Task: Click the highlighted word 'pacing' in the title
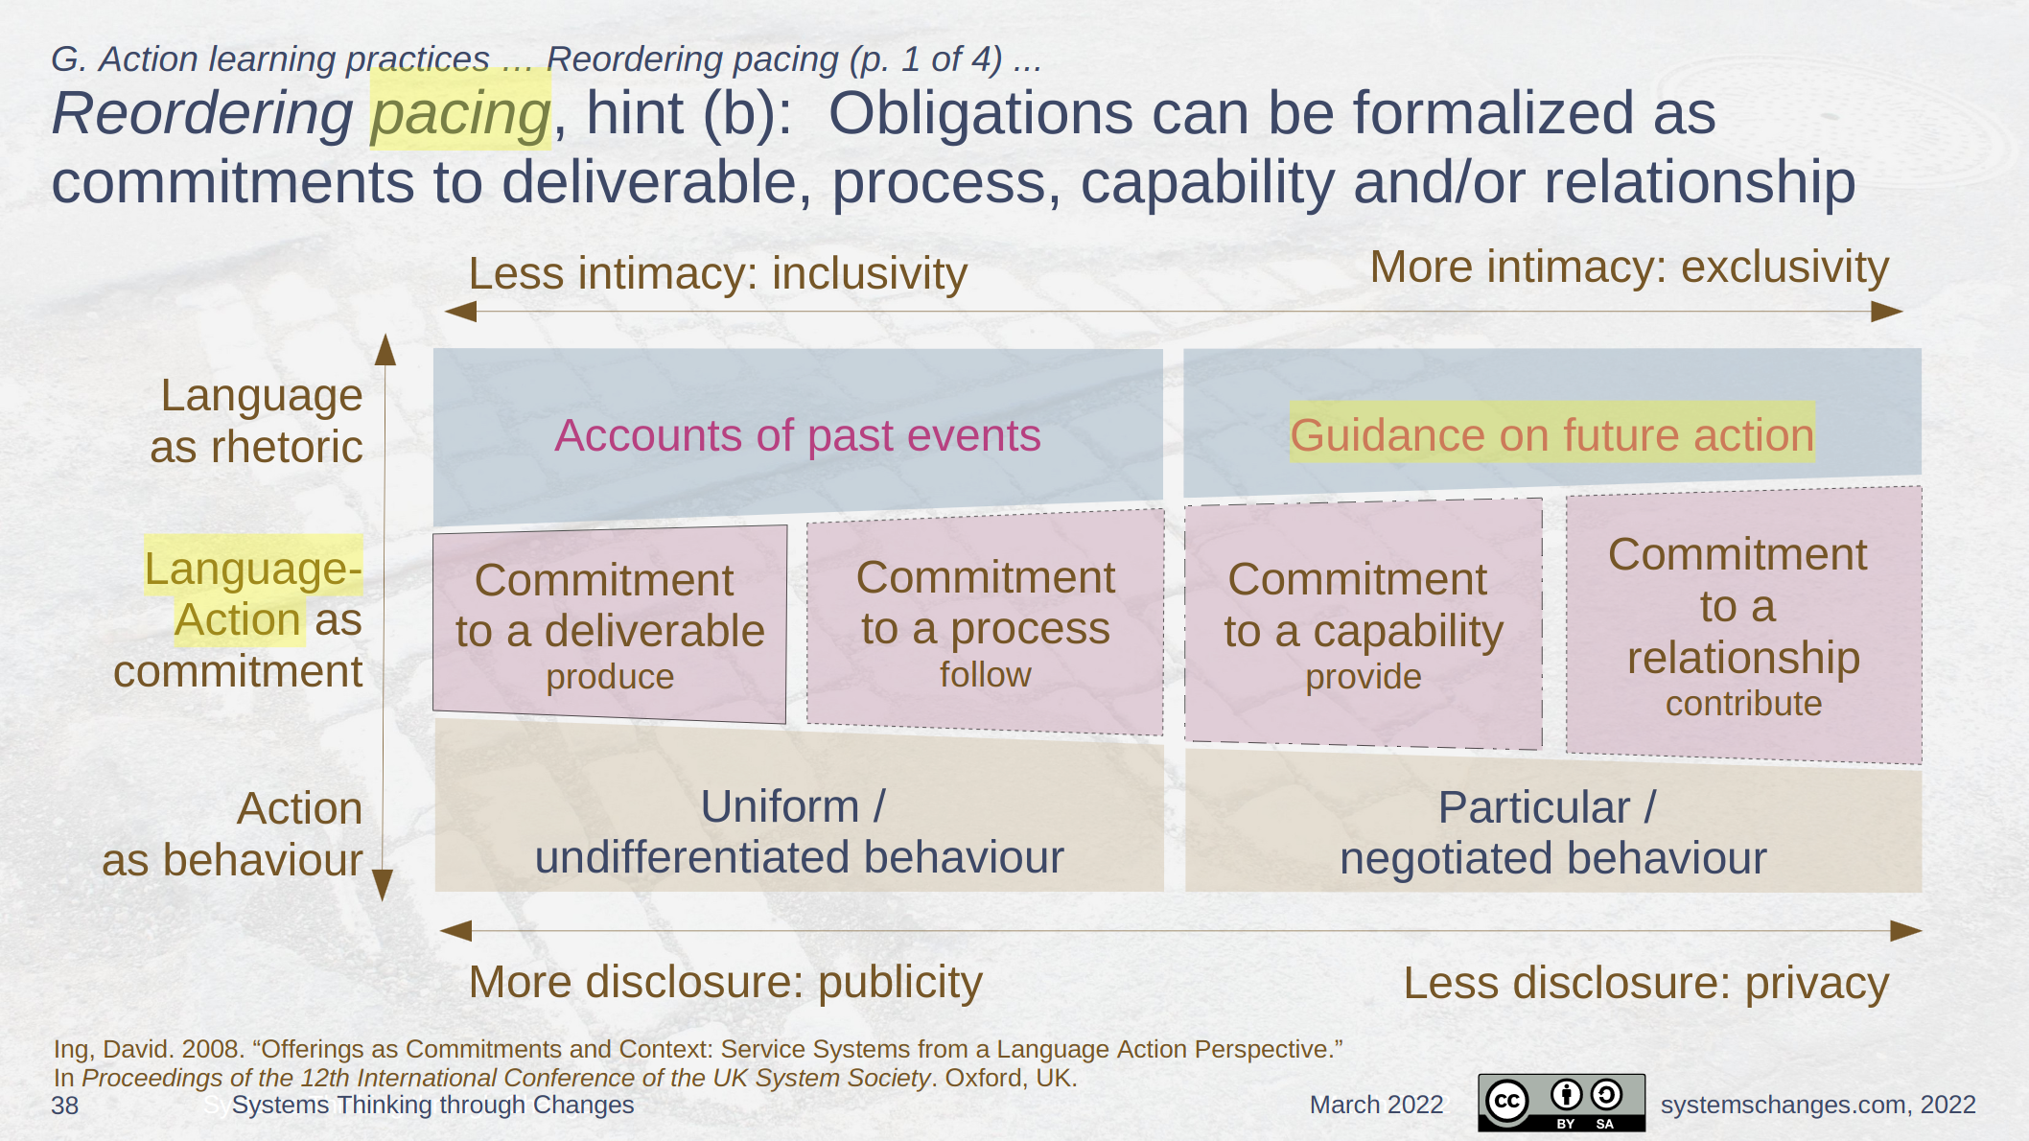pyautogui.click(x=460, y=113)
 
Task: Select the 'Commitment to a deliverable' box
pyautogui.click(x=610, y=624)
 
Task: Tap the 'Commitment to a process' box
pyautogui.click(x=985, y=622)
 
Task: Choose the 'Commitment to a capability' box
pyautogui.click(x=1364, y=624)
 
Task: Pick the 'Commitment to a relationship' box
pyautogui.click(x=1743, y=625)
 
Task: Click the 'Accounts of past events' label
pyautogui.click(x=798, y=435)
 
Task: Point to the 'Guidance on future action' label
pyautogui.click(x=1552, y=435)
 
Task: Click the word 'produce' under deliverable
pyautogui.click(x=610, y=677)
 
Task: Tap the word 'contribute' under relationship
pyautogui.click(x=1743, y=704)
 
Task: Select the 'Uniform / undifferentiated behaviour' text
pyautogui.click(x=799, y=831)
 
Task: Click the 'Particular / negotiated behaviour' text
pyautogui.click(x=1552, y=832)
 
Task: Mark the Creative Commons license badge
pyautogui.click(x=1561, y=1103)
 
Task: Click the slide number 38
pyautogui.click(x=65, y=1106)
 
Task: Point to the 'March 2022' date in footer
pyautogui.click(x=1376, y=1105)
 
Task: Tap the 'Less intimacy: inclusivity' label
pyautogui.click(x=717, y=273)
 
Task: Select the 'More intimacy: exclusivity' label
pyautogui.click(x=1629, y=267)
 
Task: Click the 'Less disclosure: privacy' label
pyautogui.click(x=1646, y=984)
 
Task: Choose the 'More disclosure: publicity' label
pyautogui.click(x=726, y=983)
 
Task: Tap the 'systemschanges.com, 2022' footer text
pyautogui.click(x=1818, y=1105)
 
